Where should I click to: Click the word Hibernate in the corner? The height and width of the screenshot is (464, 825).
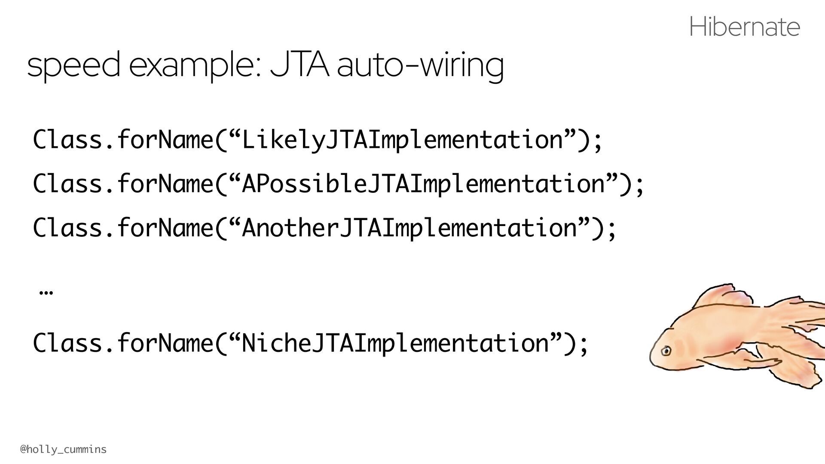[744, 27]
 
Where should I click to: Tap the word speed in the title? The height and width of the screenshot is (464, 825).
[73, 64]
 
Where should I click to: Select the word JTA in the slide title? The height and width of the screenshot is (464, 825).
[299, 64]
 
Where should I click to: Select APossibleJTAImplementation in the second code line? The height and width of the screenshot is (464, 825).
[424, 184]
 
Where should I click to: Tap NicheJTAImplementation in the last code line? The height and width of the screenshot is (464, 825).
[395, 343]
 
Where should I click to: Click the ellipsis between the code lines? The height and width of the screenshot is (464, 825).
[46, 293]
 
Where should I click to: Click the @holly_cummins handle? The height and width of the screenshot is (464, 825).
[63, 449]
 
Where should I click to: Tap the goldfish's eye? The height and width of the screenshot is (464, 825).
[666, 351]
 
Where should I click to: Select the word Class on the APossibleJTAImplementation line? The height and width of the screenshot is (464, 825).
[67, 183]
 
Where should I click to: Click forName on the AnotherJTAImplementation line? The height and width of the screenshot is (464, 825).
[165, 227]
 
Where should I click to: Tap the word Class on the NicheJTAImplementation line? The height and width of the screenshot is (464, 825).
[67, 342]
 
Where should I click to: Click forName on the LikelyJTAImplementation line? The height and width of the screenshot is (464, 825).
[165, 140]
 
